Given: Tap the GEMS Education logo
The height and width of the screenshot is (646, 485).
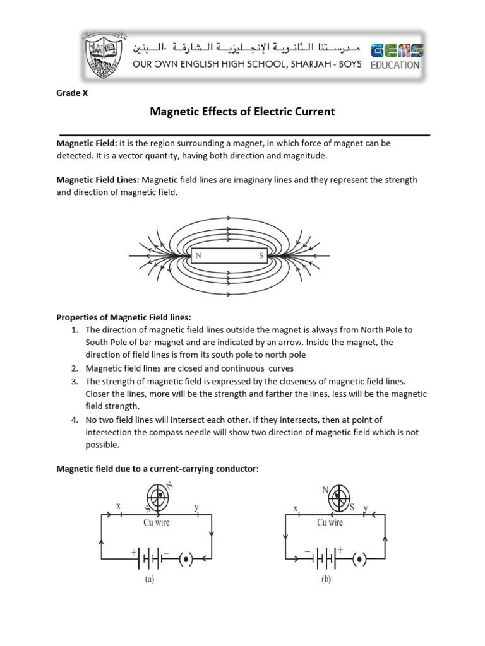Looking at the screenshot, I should coord(396,56).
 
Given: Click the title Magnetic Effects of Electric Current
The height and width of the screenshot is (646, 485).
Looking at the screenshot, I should coord(242,112).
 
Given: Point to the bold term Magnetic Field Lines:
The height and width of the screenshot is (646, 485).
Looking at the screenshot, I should coord(98,180).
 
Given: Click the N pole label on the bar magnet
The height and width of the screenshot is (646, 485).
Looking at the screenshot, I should coord(199,256).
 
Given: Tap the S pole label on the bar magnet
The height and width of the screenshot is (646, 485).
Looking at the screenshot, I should coord(261,256).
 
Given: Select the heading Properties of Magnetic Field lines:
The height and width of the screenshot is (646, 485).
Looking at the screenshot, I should coord(124,317).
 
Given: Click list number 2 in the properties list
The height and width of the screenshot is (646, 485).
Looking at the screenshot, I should coord(74,368).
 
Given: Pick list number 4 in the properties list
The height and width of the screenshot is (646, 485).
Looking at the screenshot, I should coord(74,420).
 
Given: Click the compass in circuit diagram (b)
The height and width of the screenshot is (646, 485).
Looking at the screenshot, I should coord(338,498).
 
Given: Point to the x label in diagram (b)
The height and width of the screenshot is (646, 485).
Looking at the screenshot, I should coord(296,507).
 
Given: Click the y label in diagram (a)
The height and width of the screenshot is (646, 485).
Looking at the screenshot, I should coord(197,507).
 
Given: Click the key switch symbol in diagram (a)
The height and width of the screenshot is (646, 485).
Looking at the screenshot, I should coord(186,559).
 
